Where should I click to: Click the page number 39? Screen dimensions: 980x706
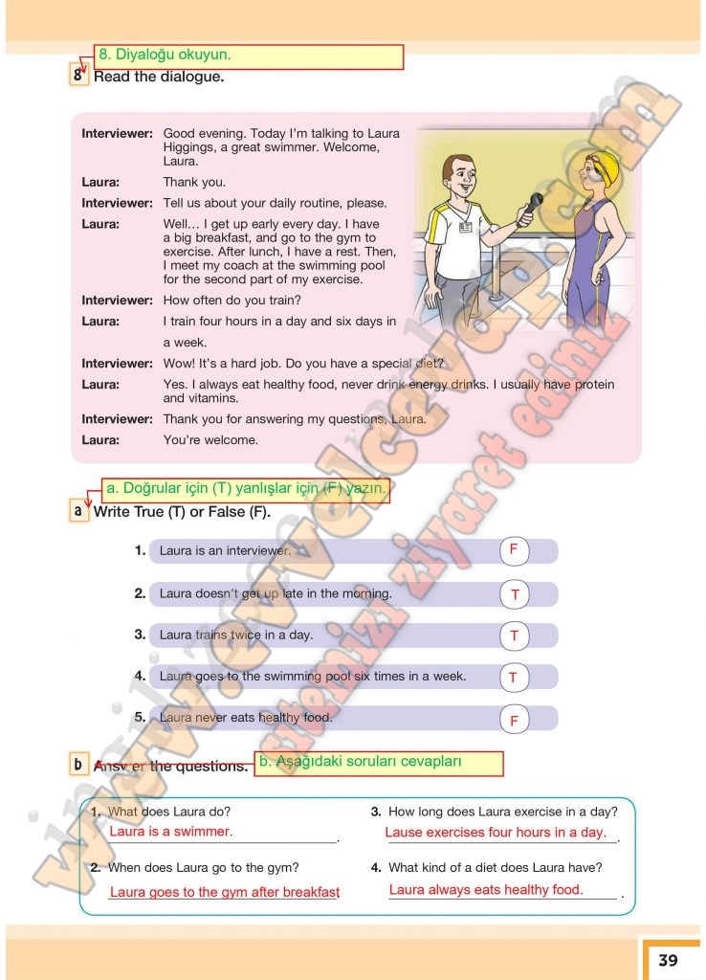coord(668,959)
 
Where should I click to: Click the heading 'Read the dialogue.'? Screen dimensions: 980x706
coord(159,77)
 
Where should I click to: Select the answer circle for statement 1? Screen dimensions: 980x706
coord(514,550)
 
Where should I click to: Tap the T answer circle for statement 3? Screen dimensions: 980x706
coord(514,635)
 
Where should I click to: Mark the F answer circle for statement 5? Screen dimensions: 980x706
coord(514,720)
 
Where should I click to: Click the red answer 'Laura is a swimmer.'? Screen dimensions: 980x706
coord(171,832)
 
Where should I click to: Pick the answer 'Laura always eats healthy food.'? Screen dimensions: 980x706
coord(486,890)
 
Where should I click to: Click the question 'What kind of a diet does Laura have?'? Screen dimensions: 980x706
coord(495,868)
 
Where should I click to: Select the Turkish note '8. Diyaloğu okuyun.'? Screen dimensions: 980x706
coord(249,56)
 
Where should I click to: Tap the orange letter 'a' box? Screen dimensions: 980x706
coord(77,511)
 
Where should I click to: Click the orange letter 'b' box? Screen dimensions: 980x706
coord(77,765)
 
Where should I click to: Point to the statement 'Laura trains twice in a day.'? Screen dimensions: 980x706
coord(236,635)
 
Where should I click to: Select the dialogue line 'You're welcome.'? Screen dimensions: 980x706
coord(210,440)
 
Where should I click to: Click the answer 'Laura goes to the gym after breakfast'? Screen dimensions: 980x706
coord(225,892)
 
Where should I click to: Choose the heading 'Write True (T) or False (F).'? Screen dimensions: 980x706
coord(182,512)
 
